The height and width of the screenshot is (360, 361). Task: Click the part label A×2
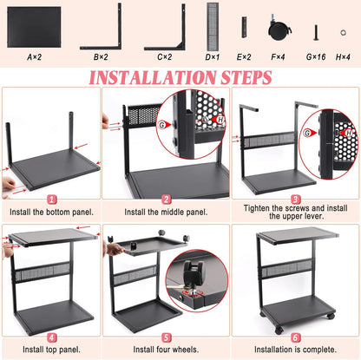coord(35,56)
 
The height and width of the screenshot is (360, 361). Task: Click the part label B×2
coord(101,56)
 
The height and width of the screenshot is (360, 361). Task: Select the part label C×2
coord(165,56)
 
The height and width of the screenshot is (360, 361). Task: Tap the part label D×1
coord(212,56)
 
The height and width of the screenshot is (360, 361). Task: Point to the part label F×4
coord(279,56)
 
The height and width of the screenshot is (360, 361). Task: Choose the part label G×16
coord(316,56)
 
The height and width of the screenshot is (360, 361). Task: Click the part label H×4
coord(345,56)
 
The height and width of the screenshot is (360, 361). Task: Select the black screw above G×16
coord(316,31)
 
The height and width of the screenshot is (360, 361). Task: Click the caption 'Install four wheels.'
coord(166,352)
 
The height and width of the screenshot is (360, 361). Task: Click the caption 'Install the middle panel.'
coord(166,211)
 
